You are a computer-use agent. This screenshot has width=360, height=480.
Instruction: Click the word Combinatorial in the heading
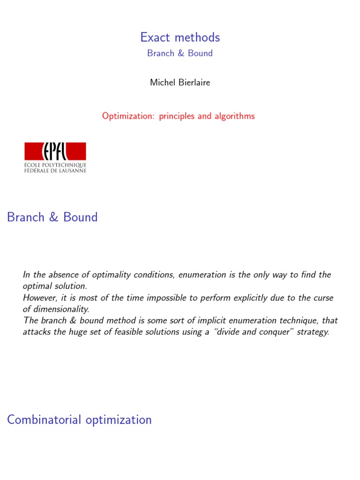click(45, 420)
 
